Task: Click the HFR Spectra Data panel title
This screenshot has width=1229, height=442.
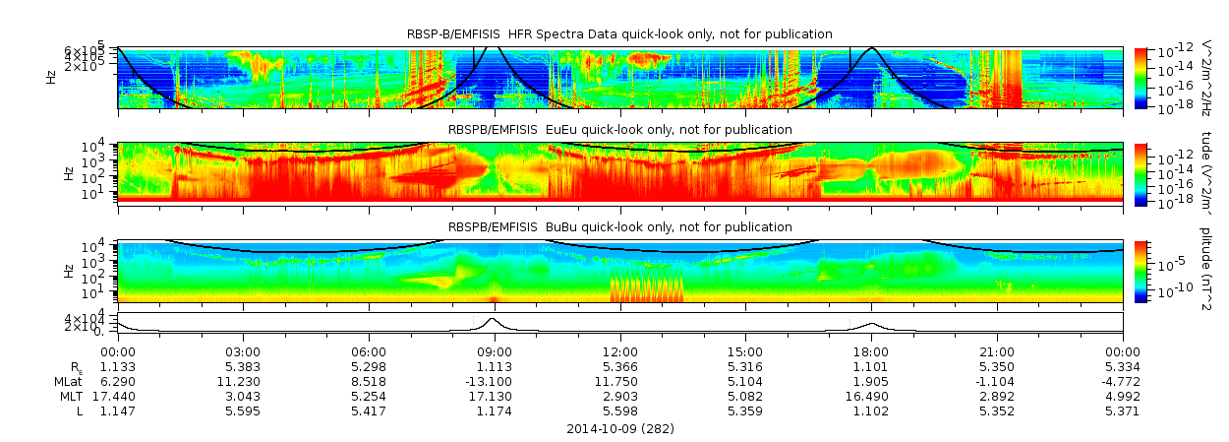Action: pyautogui.click(x=619, y=34)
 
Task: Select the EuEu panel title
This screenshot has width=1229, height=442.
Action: pyautogui.click(x=619, y=129)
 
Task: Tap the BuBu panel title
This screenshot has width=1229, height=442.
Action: pyautogui.click(x=619, y=226)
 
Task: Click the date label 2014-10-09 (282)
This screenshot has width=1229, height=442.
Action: pyautogui.click(x=619, y=429)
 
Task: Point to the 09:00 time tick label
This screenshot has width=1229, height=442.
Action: pyautogui.click(x=494, y=351)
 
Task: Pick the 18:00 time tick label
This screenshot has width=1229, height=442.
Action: pyautogui.click(x=871, y=351)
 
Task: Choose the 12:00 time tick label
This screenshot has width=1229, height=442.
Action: pyautogui.click(x=619, y=351)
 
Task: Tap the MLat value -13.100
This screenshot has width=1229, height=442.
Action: pyautogui.click(x=494, y=380)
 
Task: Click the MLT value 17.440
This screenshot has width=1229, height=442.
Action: pyautogui.click(x=117, y=395)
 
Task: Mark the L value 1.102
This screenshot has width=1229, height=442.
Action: pyautogui.click(x=871, y=410)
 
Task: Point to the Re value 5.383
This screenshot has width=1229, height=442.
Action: pyautogui.click(x=243, y=366)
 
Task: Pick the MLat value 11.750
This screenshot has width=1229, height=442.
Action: pyautogui.click(x=619, y=380)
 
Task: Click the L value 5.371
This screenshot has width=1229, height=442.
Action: pyautogui.click(x=1122, y=410)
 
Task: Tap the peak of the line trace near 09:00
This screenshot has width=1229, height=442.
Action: pyautogui.click(x=494, y=319)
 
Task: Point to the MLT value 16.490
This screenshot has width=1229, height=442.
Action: pyautogui.click(x=871, y=395)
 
